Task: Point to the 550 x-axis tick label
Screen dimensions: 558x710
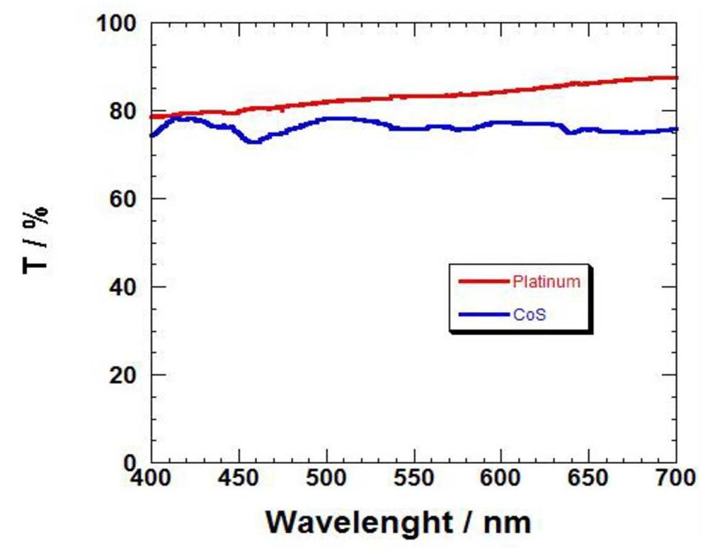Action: pyautogui.click(x=414, y=479)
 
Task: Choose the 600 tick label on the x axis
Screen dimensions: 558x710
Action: pyautogui.click(x=501, y=479)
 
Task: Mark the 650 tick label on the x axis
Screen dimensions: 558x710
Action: pyautogui.click(x=588, y=479)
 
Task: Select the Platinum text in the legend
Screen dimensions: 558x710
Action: pyautogui.click(x=546, y=281)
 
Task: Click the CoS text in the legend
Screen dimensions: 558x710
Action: pyautogui.click(x=531, y=313)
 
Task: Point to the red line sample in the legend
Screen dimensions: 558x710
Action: pyautogui.click(x=483, y=281)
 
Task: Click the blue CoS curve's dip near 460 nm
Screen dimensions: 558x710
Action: pyautogui.click(x=253, y=141)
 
